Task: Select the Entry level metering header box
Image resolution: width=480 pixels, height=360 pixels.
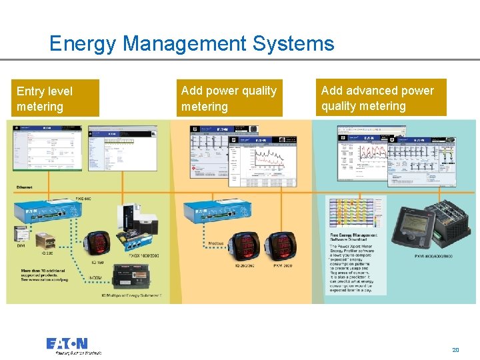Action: click(55, 99)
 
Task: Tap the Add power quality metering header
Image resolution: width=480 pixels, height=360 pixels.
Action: click(229, 99)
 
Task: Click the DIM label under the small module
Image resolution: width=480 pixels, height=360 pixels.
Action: click(21, 245)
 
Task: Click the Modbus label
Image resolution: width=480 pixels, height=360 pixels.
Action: click(215, 243)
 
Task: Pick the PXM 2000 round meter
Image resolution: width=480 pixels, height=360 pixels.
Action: click(280, 247)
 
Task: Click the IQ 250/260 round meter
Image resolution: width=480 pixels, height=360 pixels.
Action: click(245, 247)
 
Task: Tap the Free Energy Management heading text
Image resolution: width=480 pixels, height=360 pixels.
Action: click(353, 235)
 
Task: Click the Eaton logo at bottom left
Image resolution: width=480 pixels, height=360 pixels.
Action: click(67, 345)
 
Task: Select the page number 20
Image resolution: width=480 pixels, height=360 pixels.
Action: click(455, 349)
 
